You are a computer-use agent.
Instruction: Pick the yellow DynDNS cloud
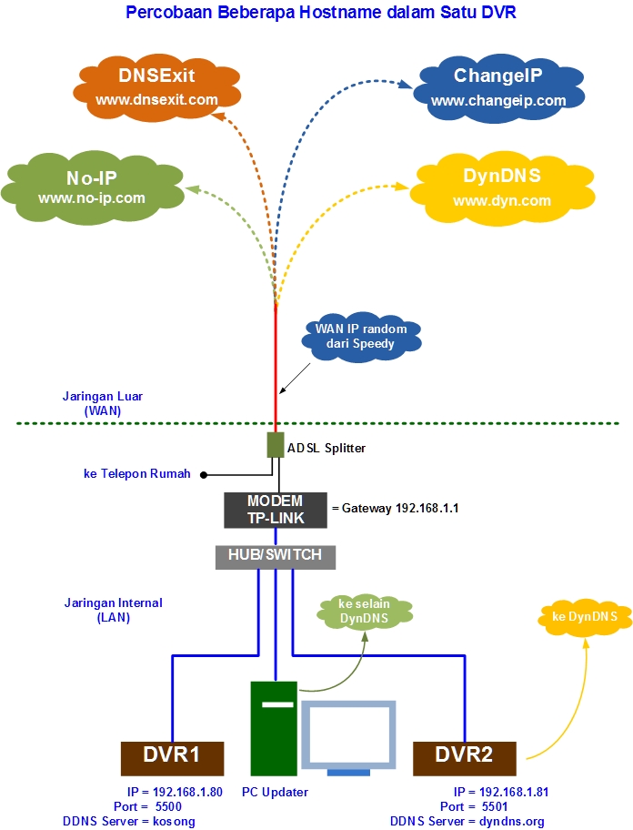(502, 187)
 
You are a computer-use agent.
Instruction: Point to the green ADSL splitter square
(276, 445)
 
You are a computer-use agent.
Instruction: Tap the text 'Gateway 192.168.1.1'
(399, 508)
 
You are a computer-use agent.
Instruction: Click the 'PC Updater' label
(275, 792)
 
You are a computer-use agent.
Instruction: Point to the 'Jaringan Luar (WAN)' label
(102, 403)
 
